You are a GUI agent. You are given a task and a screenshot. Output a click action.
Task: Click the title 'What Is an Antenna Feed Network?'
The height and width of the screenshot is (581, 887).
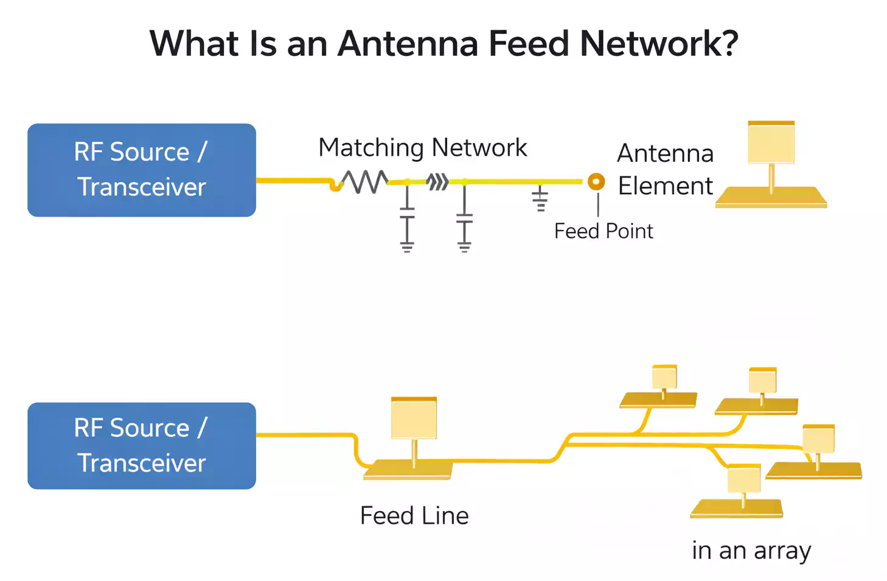pos(443,44)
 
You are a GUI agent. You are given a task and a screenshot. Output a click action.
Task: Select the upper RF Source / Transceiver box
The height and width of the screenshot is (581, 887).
pos(141,170)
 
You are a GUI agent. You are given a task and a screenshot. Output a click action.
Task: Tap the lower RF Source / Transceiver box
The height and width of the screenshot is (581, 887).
pos(141,445)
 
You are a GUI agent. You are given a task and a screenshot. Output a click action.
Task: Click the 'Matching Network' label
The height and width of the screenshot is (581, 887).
pos(422,148)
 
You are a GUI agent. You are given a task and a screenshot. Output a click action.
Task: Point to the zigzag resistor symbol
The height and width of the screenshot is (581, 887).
pos(364,181)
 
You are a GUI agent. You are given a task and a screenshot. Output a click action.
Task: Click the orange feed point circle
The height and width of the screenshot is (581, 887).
pos(596,181)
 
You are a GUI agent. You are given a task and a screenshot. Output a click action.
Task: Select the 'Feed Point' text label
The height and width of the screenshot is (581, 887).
pos(603,231)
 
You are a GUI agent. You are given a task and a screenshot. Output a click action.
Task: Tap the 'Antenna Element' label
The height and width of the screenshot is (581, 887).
pos(665,170)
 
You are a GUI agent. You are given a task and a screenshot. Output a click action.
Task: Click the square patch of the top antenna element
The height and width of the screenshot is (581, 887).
pos(771,142)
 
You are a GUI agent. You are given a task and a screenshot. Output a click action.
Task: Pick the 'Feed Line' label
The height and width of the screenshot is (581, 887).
pos(414,516)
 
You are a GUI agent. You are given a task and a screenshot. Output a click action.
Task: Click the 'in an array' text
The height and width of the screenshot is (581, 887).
pos(751,551)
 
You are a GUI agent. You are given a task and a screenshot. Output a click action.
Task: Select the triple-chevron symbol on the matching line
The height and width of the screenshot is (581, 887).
pos(437,181)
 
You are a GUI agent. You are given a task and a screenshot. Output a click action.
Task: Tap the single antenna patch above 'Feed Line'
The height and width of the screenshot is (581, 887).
pos(414,418)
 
